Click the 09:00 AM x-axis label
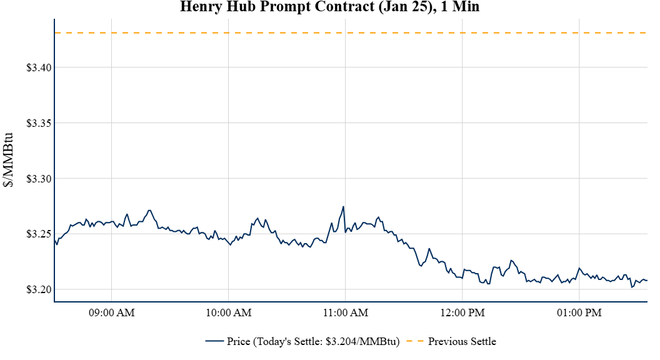(x=112, y=312)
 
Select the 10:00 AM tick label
(x=229, y=312)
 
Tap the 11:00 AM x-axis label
(x=346, y=312)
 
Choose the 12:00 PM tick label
(x=462, y=312)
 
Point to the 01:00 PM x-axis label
(x=579, y=312)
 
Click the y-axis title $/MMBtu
(x=10, y=159)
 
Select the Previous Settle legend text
(x=462, y=341)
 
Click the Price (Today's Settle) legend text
(x=312, y=341)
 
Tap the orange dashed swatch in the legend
(x=414, y=341)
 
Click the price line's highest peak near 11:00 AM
(x=343, y=207)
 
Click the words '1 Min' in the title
(x=461, y=7)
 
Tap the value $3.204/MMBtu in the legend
(x=362, y=341)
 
